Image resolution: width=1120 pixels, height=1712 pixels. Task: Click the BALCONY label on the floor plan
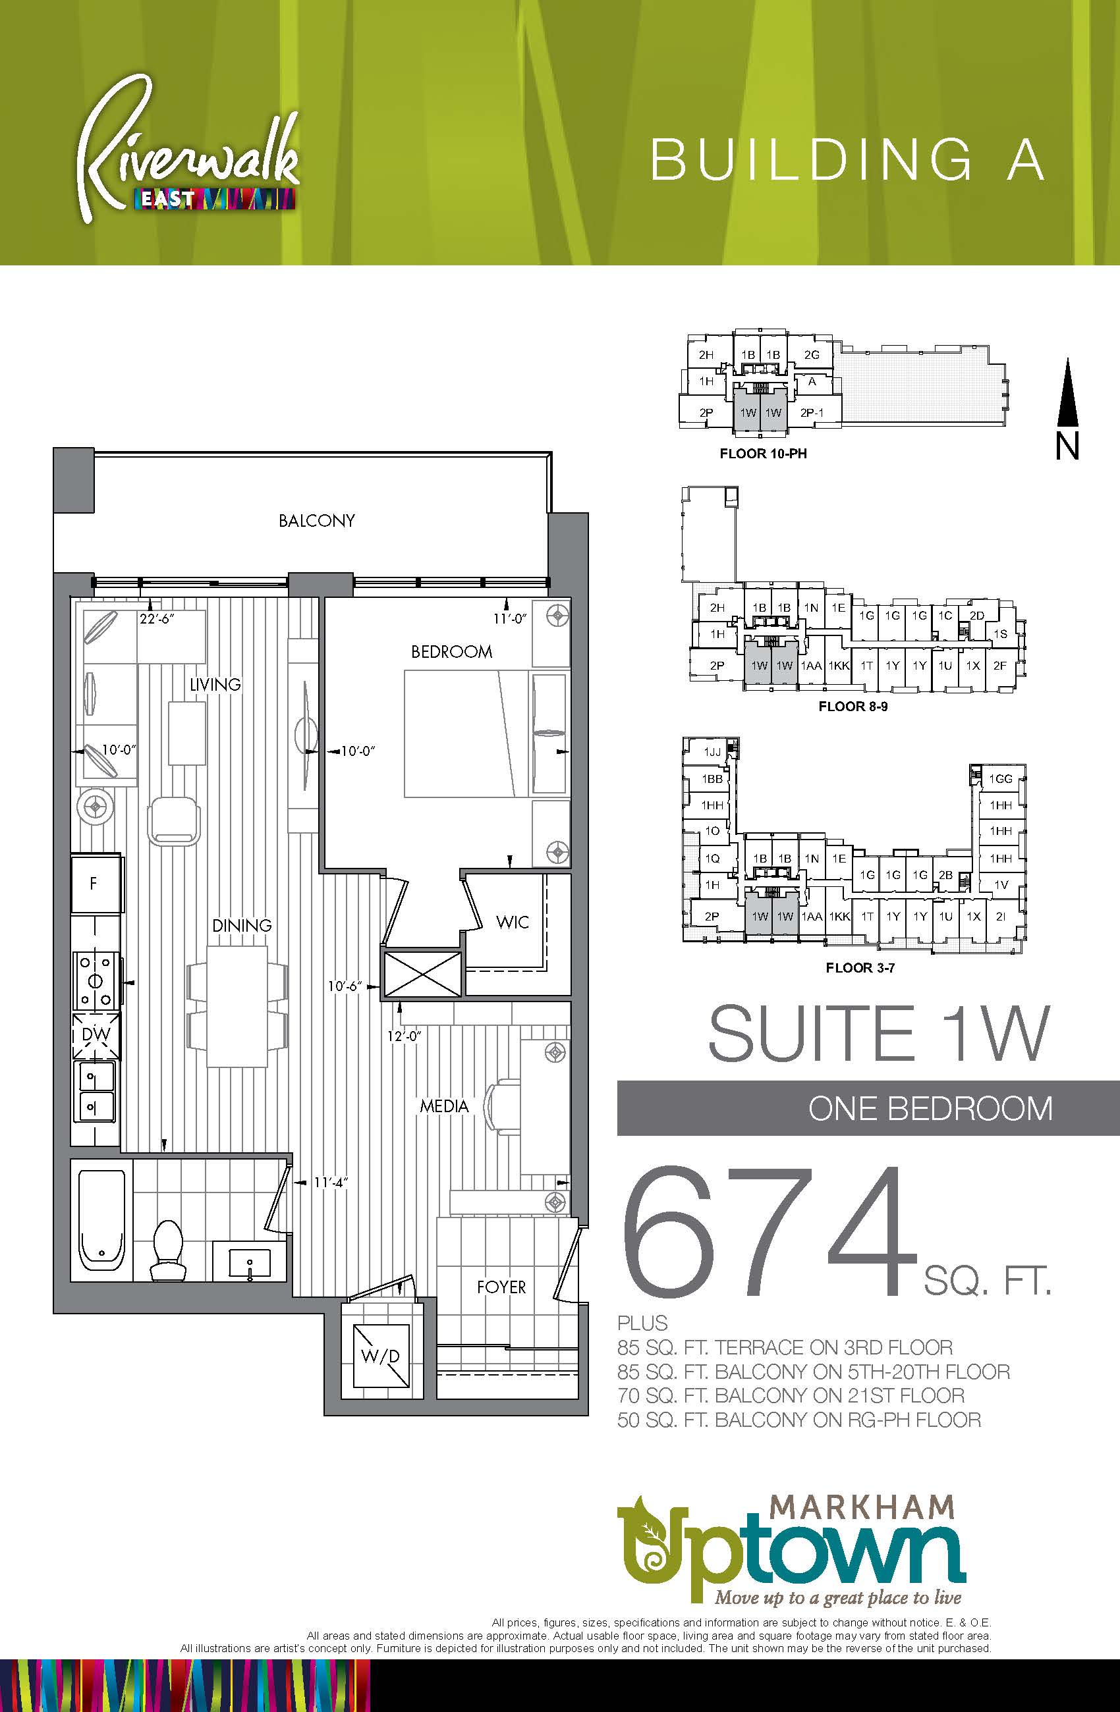(x=317, y=520)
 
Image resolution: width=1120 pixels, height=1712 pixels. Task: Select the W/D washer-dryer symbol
(x=380, y=1356)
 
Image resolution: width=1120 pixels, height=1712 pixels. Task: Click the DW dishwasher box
(x=96, y=1034)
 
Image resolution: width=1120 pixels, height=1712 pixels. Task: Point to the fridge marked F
(x=95, y=884)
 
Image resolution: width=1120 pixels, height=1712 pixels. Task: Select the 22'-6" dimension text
(x=158, y=618)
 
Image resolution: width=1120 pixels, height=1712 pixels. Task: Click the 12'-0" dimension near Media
(x=404, y=1036)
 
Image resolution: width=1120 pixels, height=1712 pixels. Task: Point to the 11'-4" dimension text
(x=331, y=1182)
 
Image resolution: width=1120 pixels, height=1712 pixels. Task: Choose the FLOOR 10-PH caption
(x=763, y=454)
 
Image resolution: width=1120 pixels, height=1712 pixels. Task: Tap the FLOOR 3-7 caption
(x=860, y=967)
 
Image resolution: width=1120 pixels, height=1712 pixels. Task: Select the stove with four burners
(x=96, y=979)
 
